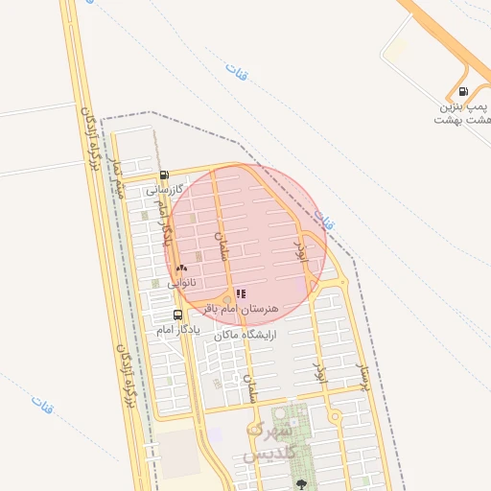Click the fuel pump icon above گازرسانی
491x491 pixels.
pyautogui.click(x=164, y=175)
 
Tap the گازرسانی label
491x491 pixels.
pyautogui.click(x=164, y=191)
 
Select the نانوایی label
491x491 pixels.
pyautogui.click(x=181, y=283)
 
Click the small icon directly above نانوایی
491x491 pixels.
pyautogui.click(x=181, y=269)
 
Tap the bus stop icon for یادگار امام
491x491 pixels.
pyautogui.click(x=177, y=315)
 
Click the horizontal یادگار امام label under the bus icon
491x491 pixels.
pyautogui.click(x=177, y=329)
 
